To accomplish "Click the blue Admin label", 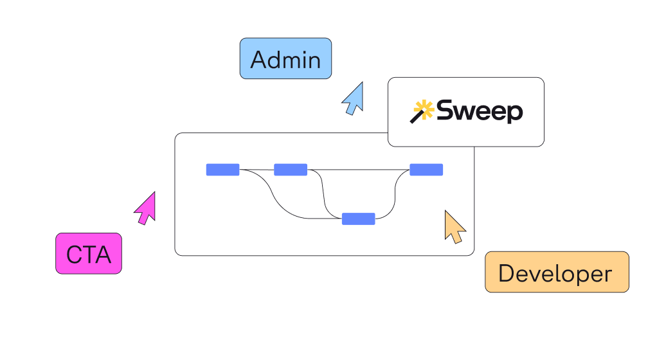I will pyautogui.click(x=285, y=59).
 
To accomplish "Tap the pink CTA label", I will pyautogui.click(x=89, y=253).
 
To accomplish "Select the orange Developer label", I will pyautogui.click(x=557, y=273).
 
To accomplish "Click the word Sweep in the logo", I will pyautogui.click(x=480, y=112).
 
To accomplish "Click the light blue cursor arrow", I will pyautogui.click(x=354, y=100).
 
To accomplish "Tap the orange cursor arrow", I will pyautogui.click(x=455, y=227).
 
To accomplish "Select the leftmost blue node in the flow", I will pyautogui.click(x=222, y=170).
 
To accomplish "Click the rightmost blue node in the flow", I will pyautogui.click(x=426, y=170).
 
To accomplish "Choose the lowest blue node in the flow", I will pyautogui.click(x=358, y=219).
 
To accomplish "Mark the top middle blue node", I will pyautogui.click(x=291, y=170).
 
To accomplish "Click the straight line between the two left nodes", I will pyautogui.click(x=256, y=170).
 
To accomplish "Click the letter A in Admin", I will pyautogui.click(x=258, y=60).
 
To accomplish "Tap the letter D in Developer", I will pyautogui.click(x=507, y=274).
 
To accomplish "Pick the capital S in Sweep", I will pyautogui.click(x=446, y=111).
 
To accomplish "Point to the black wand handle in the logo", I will pyautogui.click(x=415, y=118).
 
